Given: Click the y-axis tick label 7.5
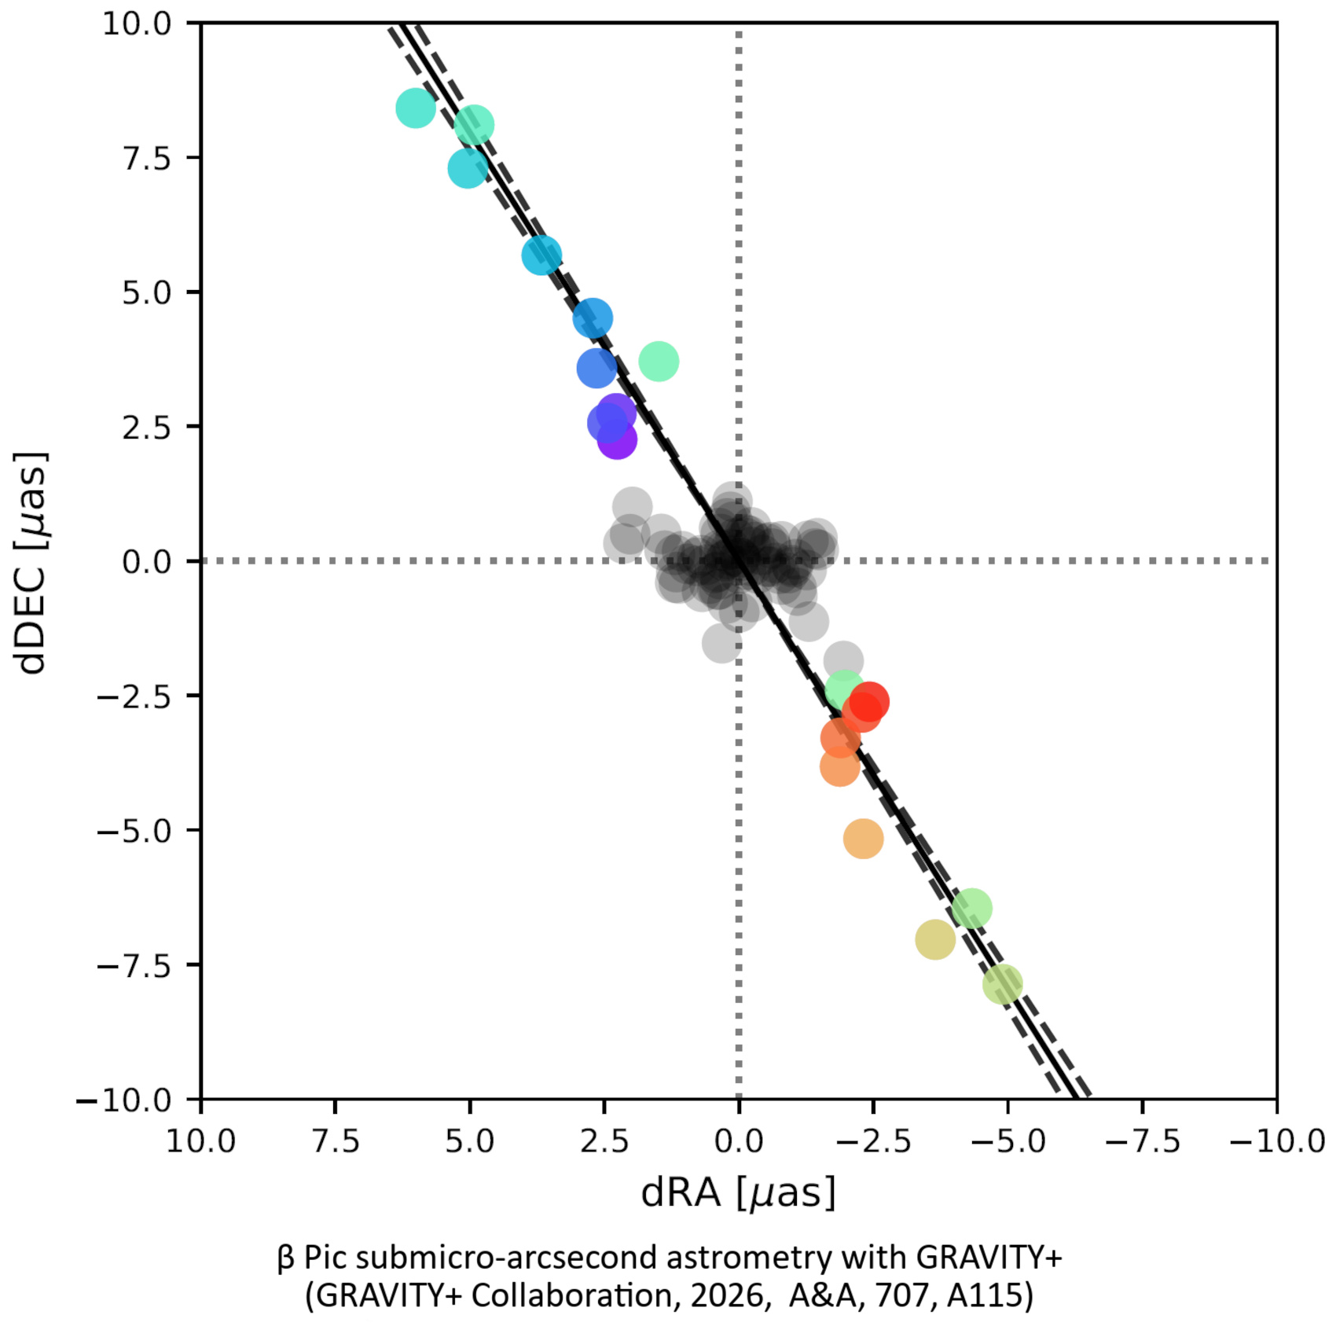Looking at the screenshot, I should (x=147, y=158).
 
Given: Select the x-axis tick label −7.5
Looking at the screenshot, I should (x=1143, y=1141).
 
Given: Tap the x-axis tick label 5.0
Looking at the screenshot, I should (x=469, y=1141).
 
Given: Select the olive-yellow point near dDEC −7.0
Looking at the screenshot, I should (x=935, y=939).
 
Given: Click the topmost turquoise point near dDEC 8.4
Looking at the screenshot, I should (x=416, y=108).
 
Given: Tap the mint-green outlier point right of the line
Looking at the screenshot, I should (x=659, y=362).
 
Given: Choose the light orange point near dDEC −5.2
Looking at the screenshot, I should (x=864, y=839).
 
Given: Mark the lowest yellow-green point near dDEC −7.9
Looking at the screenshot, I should (x=1003, y=983).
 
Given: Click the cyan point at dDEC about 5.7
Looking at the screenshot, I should (x=541, y=255).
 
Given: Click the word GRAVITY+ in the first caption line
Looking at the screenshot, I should (x=989, y=1258).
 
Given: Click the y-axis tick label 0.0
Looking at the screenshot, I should (x=147, y=562).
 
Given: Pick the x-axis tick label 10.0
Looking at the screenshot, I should (x=200, y=1141).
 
